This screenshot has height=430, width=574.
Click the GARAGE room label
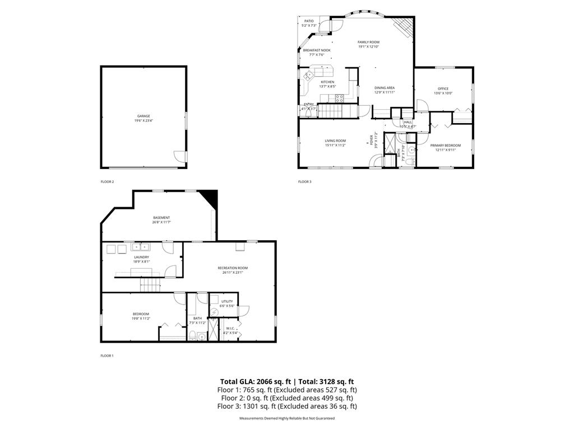[x=143, y=116]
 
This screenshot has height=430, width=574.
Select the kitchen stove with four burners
[x=339, y=97]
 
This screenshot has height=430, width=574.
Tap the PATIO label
[x=309, y=21]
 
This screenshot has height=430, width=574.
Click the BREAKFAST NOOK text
[x=317, y=50]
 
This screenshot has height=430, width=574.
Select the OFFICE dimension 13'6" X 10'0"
[x=443, y=94]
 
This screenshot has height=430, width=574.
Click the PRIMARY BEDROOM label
[x=446, y=145]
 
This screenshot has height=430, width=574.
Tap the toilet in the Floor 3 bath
[x=410, y=161]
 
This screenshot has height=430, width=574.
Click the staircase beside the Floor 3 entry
[x=331, y=112]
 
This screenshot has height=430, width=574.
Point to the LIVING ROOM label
[x=335, y=141]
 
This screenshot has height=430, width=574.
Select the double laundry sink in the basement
[x=140, y=246]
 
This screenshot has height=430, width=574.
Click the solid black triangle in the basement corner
[x=210, y=197]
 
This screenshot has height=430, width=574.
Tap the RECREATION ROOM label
[x=233, y=268]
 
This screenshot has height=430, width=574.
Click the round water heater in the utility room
[x=214, y=312]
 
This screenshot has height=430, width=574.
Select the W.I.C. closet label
[x=230, y=329]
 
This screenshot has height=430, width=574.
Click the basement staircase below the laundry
[x=150, y=286]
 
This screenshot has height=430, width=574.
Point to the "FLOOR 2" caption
[x=107, y=181]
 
